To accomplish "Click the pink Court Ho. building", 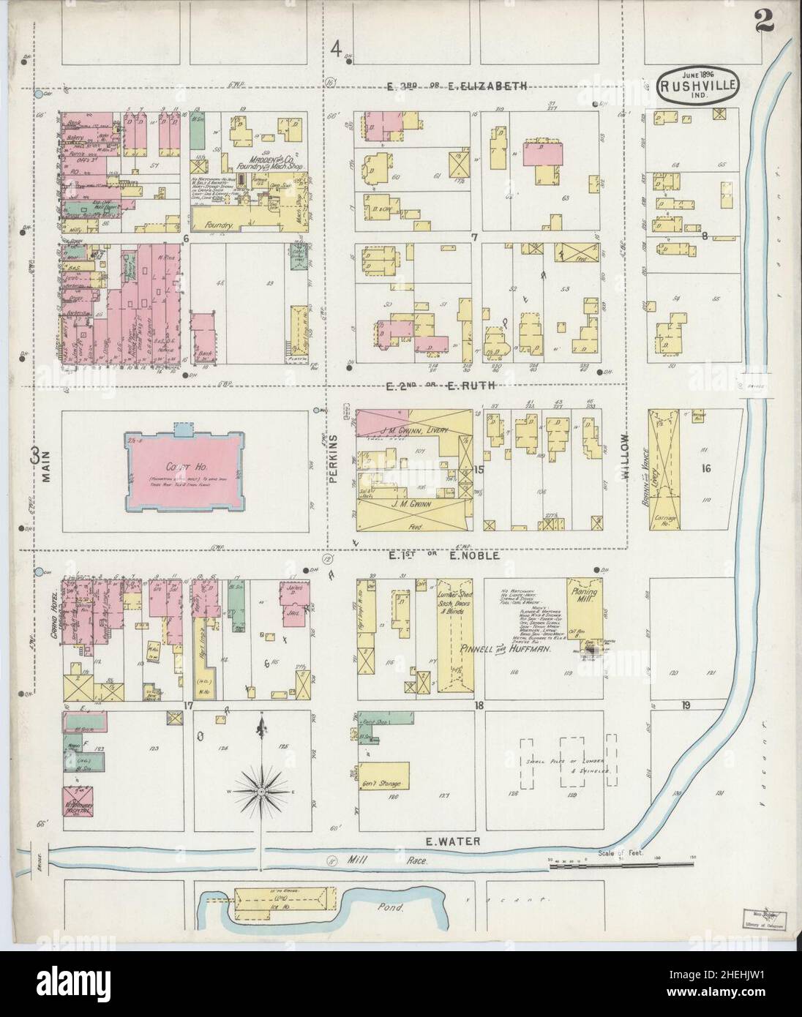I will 184,470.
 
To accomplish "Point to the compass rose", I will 261,791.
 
